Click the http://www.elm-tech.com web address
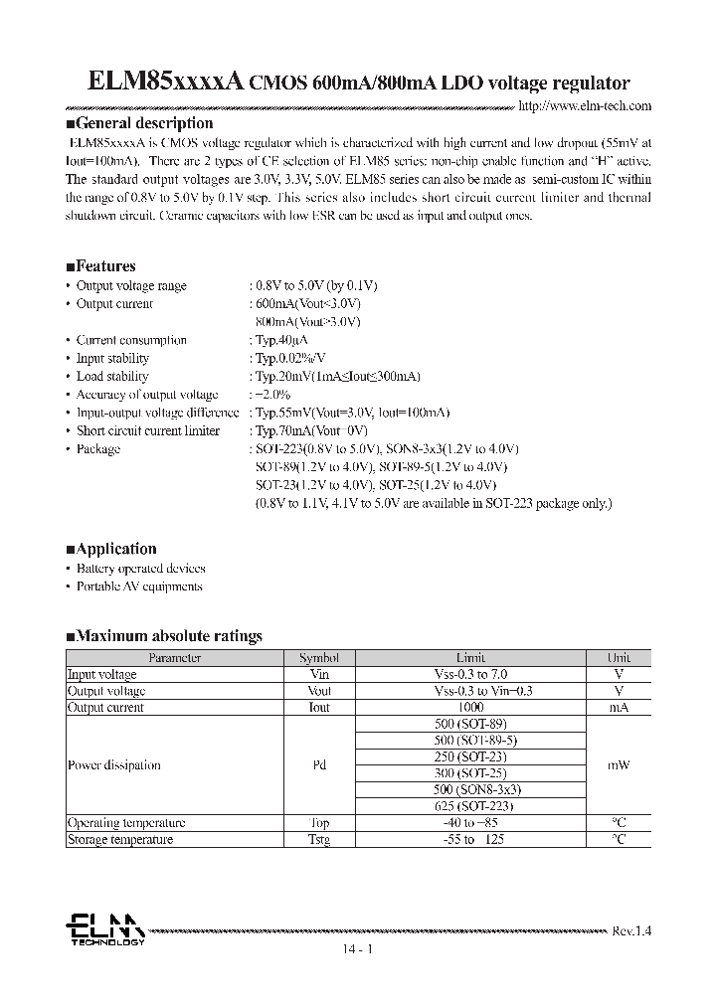point(586,105)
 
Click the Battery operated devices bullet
point(140,569)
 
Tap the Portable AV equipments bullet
point(139,587)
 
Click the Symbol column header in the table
point(319,658)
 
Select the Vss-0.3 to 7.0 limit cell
point(471,674)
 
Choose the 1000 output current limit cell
point(471,708)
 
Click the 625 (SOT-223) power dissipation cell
point(471,806)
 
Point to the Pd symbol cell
point(319,765)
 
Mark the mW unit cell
point(619,765)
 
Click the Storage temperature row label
point(119,840)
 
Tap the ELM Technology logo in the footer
point(104,930)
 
